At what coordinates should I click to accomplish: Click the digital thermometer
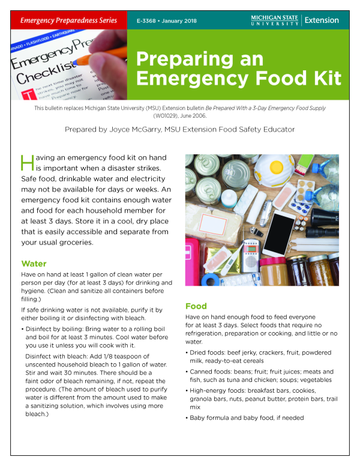pyautogui.click(x=230, y=256)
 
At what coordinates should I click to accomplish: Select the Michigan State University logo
pyautogui.click(x=274, y=20)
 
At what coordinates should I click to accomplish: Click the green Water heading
pyautogui.click(x=34, y=264)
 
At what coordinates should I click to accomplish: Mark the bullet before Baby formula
pyautogui.click(x=188, y=417)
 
